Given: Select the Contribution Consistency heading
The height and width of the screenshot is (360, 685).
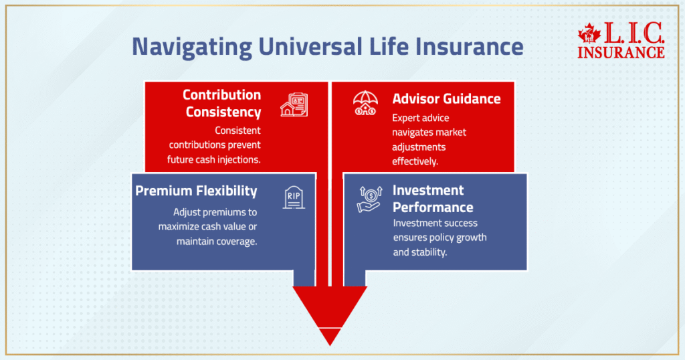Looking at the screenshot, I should pos(221,103).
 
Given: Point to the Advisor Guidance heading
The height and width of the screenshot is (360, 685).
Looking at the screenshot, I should pos(446,98).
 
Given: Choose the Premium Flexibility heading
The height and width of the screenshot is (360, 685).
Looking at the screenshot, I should pos(196,191).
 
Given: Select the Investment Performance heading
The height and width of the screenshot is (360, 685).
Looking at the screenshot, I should pos(433,199).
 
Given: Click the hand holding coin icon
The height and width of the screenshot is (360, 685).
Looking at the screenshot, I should pos(368,199).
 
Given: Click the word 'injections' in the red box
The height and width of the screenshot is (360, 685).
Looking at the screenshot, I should pos(237,159).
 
